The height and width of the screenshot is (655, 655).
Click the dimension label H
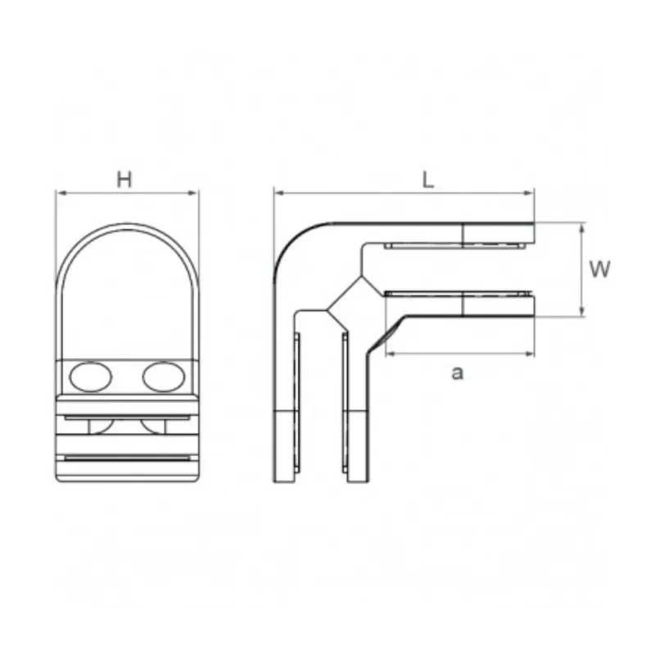coord(124,180)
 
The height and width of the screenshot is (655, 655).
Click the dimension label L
coord(427,181)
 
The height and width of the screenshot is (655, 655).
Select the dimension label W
coord(600,269)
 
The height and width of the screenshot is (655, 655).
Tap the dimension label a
coord(458,373)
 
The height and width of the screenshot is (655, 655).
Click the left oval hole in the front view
coord(91,377)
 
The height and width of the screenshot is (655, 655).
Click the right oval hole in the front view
coord(163,377)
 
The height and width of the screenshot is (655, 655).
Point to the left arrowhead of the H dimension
coord(59,193)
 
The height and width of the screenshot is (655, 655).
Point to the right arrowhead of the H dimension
coord(195,193)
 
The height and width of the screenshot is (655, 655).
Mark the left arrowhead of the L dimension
coord(278,193)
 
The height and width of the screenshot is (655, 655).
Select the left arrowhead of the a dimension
coord(388,354)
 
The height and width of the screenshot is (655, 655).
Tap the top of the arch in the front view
coord(127,224)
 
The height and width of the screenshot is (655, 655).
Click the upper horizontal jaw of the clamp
coord(458,235)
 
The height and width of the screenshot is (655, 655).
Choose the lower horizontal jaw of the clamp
coord(458,306)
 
